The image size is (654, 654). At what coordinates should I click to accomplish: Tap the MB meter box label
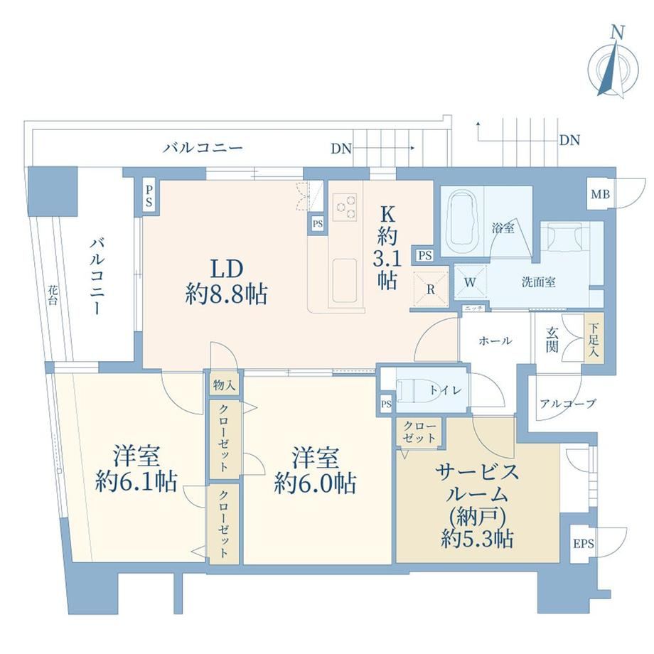point(600,194)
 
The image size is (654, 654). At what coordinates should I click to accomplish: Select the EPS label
point(583,544)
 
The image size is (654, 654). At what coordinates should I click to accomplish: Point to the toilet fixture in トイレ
point(417,390)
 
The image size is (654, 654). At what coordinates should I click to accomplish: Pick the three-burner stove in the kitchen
point(345,207)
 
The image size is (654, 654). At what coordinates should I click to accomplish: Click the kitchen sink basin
point(345,280)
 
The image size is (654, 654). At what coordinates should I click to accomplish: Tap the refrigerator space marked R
point(431,289)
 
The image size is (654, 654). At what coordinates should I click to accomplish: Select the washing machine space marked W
point(470,282)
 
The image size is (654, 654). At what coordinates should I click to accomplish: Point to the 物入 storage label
point(224,385)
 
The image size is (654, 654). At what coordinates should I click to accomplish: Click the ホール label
point(495,341)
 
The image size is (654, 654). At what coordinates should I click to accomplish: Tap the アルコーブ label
point(568,404)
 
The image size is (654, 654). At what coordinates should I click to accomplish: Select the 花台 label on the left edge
point(52,295)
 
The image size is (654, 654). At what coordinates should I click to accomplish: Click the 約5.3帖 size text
point(477,540)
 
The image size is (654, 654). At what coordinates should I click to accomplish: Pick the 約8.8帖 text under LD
point(227,294)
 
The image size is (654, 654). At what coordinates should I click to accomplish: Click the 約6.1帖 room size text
point(136,482)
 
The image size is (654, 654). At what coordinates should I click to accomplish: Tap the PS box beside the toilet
point(386,404)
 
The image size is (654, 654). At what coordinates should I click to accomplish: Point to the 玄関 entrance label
point(552,339)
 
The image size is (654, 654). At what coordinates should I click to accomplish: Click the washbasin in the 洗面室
point(565,237)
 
